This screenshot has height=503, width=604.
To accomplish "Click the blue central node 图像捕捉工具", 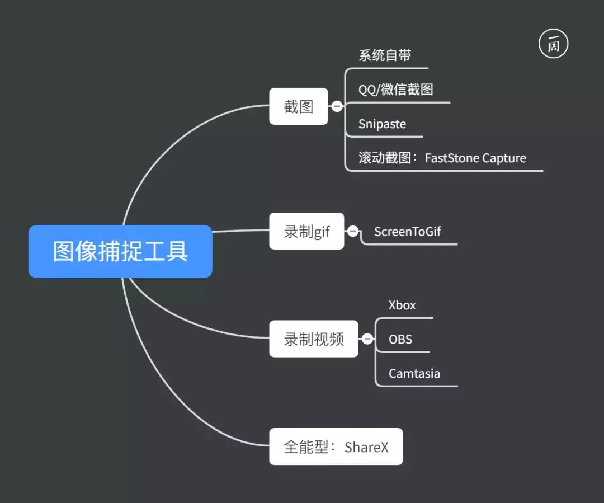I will coord(120,251).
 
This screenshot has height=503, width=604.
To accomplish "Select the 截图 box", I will coord(298,106).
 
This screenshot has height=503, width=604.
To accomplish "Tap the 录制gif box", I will coord(306,231).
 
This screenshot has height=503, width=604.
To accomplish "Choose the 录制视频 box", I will coord(313,339).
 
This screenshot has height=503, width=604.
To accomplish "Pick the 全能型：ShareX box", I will coord(336,446).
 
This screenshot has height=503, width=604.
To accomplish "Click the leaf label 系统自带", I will coord(385,55).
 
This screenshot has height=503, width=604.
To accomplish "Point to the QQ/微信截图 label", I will coord(395,89).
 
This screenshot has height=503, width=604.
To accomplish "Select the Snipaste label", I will coord(382,124).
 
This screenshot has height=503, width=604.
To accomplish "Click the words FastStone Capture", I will coord(475,158).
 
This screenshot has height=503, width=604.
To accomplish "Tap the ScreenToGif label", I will coord(407,231).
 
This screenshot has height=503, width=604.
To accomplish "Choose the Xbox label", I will coord(402,305).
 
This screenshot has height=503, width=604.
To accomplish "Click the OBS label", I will coord(400,339).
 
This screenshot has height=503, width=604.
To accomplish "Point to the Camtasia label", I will coord(414,373).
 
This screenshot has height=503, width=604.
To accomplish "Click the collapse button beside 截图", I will coord(337,106).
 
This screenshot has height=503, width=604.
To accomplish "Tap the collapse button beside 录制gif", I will coord(353,231).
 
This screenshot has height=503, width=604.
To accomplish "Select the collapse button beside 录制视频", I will coord(367,339).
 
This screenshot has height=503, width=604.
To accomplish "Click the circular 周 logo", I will coord(553,44).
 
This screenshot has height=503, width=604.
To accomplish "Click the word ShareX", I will coord(366,447).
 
